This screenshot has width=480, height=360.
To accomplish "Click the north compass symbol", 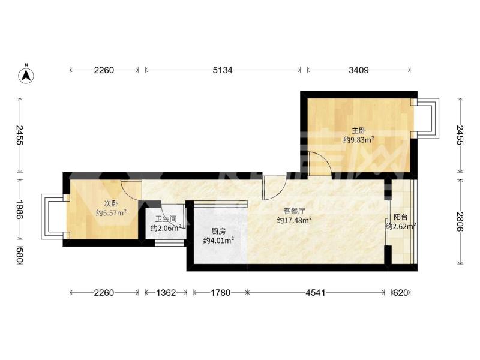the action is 26,74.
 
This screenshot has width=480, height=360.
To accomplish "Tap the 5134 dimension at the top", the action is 223,70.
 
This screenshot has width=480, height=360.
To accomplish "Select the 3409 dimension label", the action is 358,70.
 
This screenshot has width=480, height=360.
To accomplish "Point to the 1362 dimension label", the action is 166,293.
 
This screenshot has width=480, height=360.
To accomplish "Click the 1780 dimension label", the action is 220,293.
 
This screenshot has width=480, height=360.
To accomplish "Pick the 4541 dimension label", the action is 316,293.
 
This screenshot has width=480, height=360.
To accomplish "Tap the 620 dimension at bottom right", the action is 400,293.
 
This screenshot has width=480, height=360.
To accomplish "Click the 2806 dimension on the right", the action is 460,222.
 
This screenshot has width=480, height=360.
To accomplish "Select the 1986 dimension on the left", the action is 20,209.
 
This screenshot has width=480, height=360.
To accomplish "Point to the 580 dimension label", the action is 20,255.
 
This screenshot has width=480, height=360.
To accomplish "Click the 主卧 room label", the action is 358,131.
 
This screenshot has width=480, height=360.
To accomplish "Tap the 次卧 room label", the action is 111,203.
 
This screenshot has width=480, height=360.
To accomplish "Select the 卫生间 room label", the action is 166,219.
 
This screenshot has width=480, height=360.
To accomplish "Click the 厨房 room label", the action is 218,232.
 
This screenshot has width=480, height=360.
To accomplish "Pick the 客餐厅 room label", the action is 294,211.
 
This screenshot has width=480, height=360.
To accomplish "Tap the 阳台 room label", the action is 400,217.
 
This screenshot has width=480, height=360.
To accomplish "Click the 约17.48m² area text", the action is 294,220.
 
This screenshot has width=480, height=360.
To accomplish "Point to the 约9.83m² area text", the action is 359,140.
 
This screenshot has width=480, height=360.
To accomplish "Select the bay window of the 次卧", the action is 53,217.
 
